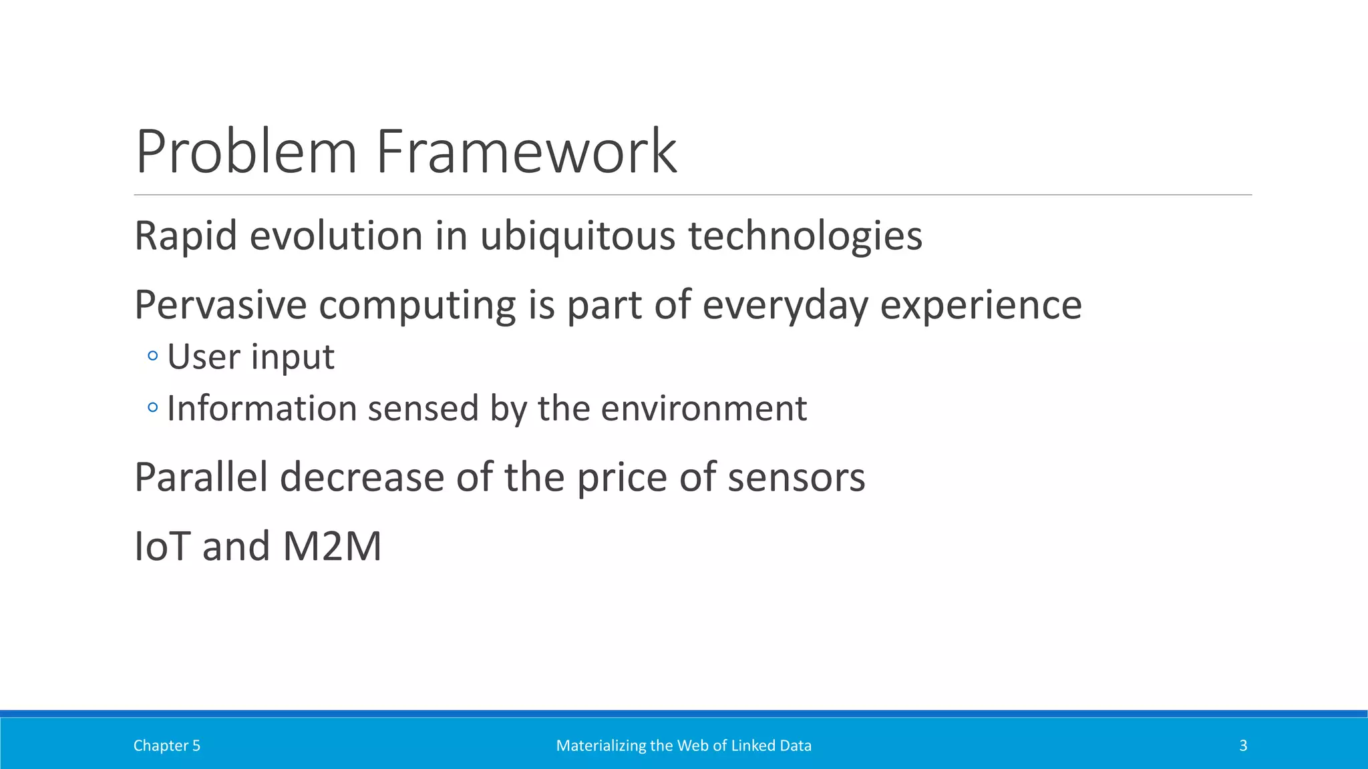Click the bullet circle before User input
pyautogui.click(x=153, y=356)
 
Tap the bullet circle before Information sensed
pyautogui.click(x=153, y=407)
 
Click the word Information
pyautogui.click(x=261, y=408)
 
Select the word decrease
pyautogui.click(x=362, y=477)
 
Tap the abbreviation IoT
pyautogui.click(x=162, y=546)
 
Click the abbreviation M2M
pyautogui.click(x=332, y=546)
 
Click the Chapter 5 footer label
pyautogui.click(x=167, y=746)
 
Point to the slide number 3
pyautogui.click(x=1243, y=746)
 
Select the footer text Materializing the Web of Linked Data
pyautogui.click(x=684, y=746)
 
